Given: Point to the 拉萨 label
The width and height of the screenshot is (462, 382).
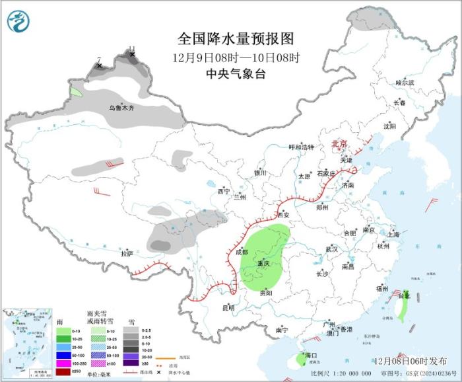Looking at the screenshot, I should coord(127,252).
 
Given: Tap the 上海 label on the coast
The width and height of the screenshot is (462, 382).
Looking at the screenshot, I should coord(393,234).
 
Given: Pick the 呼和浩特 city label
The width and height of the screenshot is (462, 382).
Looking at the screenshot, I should coord(302,147).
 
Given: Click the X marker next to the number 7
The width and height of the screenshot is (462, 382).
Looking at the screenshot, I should coord(99,65).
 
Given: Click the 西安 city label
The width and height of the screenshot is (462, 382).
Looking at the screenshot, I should coord(283,215).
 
